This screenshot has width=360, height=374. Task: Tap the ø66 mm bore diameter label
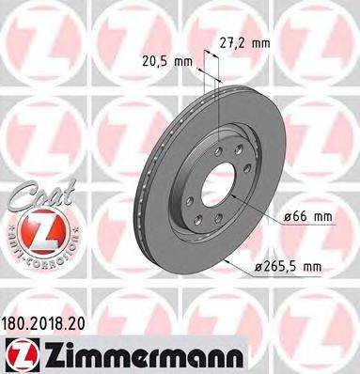click(x=308, y=217)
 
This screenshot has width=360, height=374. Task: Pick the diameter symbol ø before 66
click(x=288, y=217)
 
